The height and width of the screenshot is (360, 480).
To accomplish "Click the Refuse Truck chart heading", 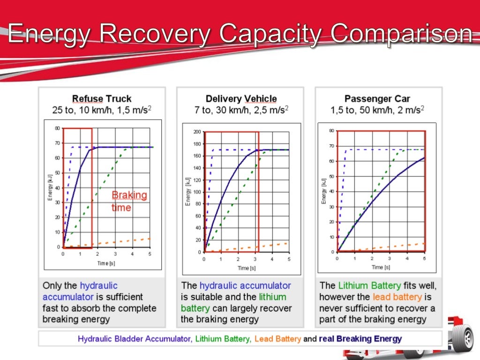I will tap(102, 99).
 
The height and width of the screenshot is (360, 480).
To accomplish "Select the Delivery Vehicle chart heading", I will tap(241, 99).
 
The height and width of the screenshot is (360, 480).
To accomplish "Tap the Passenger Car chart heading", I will tap(377, 99).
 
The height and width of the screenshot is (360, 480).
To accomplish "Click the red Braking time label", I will tap(129, 201).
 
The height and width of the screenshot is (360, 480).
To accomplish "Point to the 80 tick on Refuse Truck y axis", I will tap(57, 128).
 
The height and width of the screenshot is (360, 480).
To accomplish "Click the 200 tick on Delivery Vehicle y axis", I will tap(197, 132).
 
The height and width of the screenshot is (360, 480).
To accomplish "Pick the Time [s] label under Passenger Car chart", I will tap(381, 267).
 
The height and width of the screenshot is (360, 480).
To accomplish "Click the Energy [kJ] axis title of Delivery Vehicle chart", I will tap(187, 192).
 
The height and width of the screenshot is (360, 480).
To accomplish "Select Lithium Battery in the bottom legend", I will tap(222, 338).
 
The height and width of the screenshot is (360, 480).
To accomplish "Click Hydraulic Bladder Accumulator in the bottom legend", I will tap(134, 338).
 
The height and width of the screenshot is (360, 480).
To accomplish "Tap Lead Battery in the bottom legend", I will tap(277, 338).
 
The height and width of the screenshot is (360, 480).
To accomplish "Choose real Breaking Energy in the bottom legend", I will tap(360, 338).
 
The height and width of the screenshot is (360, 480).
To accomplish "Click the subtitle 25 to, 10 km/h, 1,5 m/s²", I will tap(102, 111).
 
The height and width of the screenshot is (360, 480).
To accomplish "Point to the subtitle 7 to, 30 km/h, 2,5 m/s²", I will tap(241, 111).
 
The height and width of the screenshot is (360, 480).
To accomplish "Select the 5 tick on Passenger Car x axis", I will tap(424, 258).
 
